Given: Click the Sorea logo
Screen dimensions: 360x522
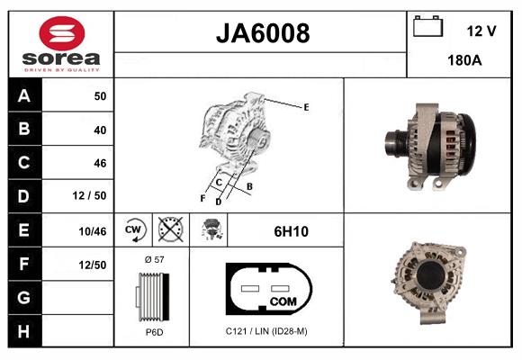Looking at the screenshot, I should [61, 45].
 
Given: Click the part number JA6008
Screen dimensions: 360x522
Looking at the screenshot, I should [262, 34].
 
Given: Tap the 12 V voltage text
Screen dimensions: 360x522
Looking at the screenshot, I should [481, 31].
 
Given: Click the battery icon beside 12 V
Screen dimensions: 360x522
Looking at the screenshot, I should [426, 28].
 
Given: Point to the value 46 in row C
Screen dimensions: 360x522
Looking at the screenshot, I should [99, 163].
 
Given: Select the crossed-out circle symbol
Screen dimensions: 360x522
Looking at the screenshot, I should [169, 230].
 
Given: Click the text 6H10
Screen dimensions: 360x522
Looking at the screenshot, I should [291, 231].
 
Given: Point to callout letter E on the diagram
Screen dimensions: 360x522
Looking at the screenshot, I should [306, 107].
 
